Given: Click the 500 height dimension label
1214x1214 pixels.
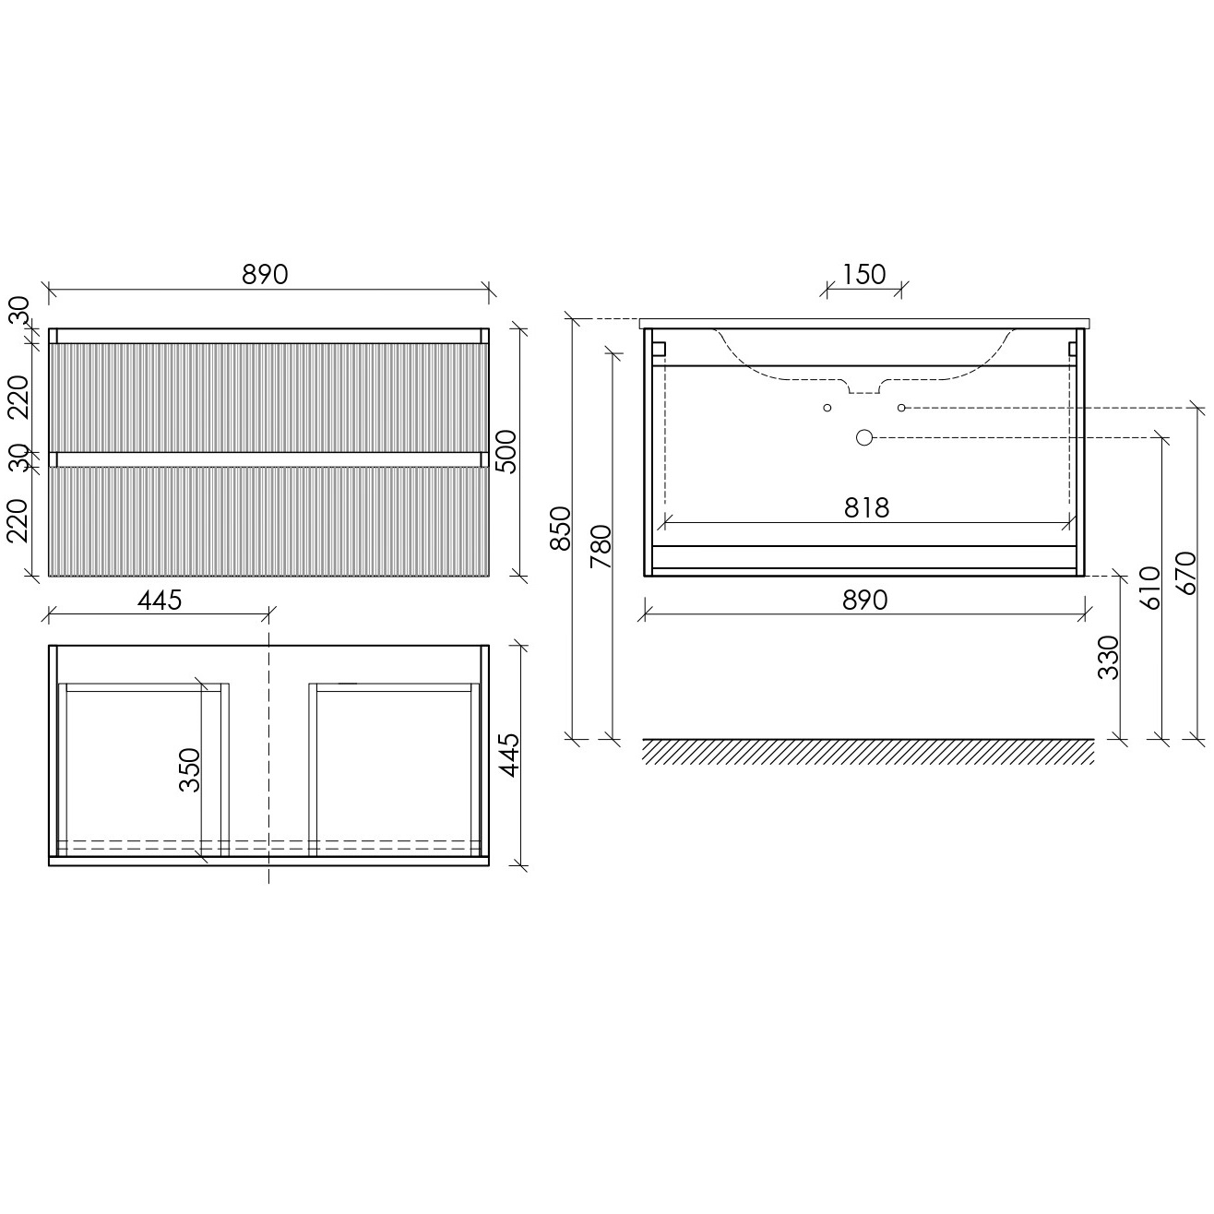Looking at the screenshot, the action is tap(506, 451).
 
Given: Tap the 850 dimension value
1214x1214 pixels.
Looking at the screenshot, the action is tap(560, 528).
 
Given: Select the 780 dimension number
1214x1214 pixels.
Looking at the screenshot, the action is tap(601, 545).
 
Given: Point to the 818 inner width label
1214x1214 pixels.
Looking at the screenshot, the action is tap(866, 507).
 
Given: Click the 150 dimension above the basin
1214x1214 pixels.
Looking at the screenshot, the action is tap(863, 275).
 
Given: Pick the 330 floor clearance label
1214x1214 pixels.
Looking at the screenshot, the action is tap(1108, 658).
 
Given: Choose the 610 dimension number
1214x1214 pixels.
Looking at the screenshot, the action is tap(1149, 588).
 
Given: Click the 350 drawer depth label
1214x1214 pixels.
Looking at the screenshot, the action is tap(189, 770).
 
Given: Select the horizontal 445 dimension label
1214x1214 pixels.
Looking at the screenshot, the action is tap(160, 601).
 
